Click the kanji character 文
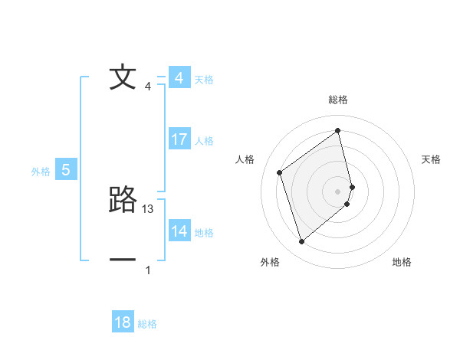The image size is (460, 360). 123,78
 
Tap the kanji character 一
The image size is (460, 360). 123,260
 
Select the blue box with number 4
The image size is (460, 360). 179,78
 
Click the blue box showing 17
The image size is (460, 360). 179,139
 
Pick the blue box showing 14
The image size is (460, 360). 179,231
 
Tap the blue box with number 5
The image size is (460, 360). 65,170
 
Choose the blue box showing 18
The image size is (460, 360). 123,322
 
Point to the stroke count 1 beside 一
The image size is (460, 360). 148,270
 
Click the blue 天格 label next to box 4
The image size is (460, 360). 204,80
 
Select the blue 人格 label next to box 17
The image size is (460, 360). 204,141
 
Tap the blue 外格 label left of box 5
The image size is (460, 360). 41,172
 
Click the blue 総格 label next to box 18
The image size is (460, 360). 147,324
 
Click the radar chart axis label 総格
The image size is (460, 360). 338,100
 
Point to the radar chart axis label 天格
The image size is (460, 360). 432,159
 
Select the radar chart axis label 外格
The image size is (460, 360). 270,262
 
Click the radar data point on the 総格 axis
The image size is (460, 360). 338,131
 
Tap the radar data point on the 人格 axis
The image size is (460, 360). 280,173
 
